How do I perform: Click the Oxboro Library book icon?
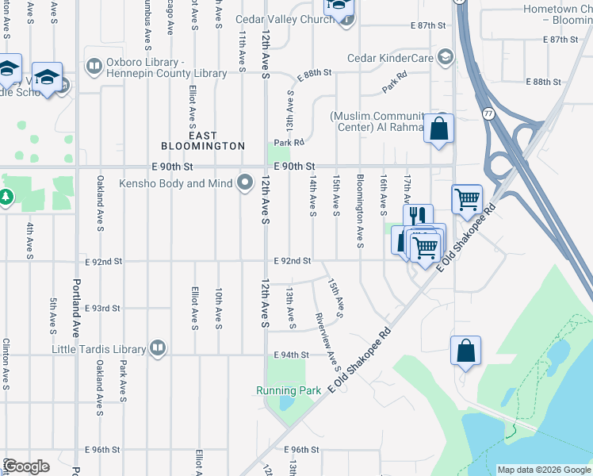pyautogui.click(x=94, y=66)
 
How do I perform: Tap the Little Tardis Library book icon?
pyautogui.click(x=158, y=348)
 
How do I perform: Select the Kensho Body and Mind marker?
pyautogui.click(x=245, y=183)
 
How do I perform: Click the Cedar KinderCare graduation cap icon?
pyautogui.click(x=445, y=57)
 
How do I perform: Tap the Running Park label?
pyautogui.click(x=288, y=390)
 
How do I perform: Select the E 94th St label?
pyautogui.click(x=291, y=355)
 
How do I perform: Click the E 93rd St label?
pyautogui.click(x=104, y=308)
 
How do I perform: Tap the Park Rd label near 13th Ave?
pyautogui.click(x=289, y=142)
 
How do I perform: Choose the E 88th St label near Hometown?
pyautogui.click(x=542, y=83)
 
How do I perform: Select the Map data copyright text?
pyautogui.click(x=543, y=470)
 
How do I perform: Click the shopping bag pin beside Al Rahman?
pyautogui.click(x=438, y=129)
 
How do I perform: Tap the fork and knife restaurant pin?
pyautogui.click(x=418, y=216)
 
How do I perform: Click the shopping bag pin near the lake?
pyautogui.click(x=465, y=350)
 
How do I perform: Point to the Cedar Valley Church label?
pyautogui.click(x=285, y=19)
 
